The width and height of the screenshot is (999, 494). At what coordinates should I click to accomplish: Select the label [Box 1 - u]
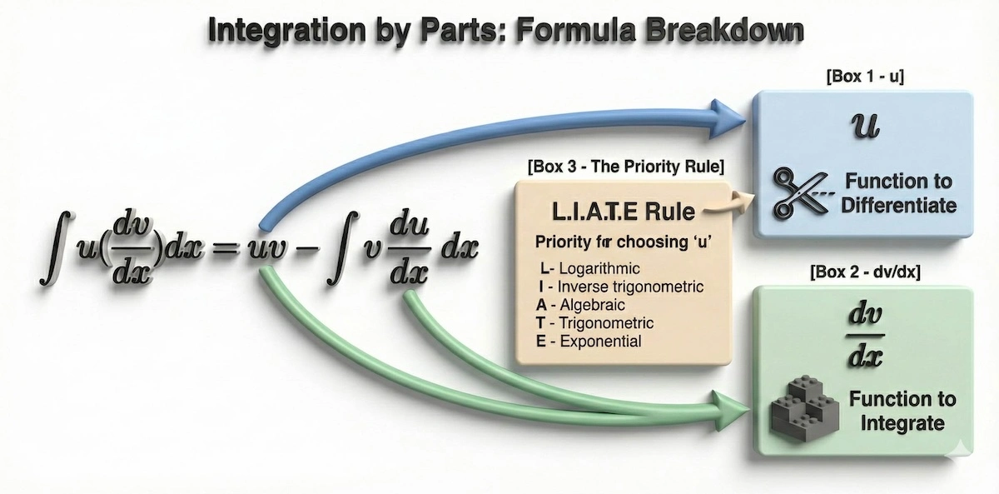coord(865,77)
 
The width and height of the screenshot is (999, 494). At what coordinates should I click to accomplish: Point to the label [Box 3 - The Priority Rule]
coord(625,167)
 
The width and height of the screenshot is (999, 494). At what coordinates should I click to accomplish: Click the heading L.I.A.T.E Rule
coord(620,211)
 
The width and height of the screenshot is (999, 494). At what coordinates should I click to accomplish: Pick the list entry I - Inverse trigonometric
coord(620,287)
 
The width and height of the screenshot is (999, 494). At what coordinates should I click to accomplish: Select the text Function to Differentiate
coord(897,192)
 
